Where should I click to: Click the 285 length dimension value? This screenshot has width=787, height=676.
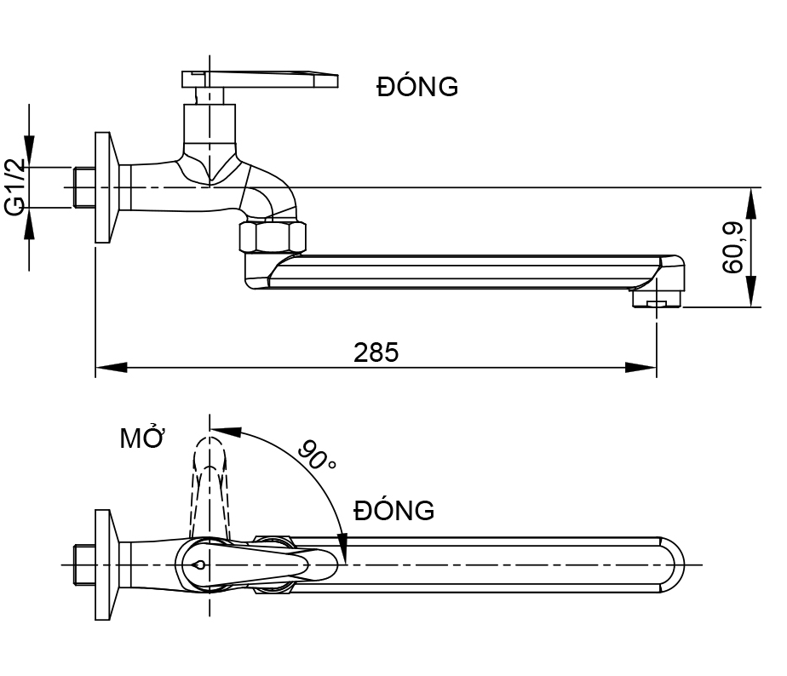[x=376, y=352]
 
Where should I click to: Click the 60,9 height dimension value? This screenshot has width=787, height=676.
[x=732, y=247]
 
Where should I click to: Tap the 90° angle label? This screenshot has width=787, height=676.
[x=316, y=455]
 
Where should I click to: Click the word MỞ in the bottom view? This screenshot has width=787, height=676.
[x=141, y=439]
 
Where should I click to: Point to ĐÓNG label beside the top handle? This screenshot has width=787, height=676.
[x=417, y=87]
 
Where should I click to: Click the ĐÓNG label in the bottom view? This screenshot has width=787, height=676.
[x=394, y=511]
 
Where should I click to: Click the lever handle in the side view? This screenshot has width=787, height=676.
[x=260, y=79]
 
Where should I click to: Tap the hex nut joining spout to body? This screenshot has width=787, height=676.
[x=271, y=236]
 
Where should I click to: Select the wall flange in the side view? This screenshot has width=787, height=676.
[x=104, y=187]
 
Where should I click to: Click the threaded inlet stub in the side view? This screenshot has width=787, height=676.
[x=83, y=187]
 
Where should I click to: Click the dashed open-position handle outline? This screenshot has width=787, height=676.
[x=210, y=485]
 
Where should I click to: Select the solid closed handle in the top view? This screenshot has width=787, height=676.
[x=256, y=564]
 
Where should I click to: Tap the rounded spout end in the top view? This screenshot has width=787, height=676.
[x=673, y=564]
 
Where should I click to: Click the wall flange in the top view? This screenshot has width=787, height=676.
[x=104, y=564]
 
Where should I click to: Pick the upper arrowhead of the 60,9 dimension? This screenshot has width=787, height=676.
[x=750, y=199]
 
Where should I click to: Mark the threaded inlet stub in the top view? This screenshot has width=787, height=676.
[x=83, y=564]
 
